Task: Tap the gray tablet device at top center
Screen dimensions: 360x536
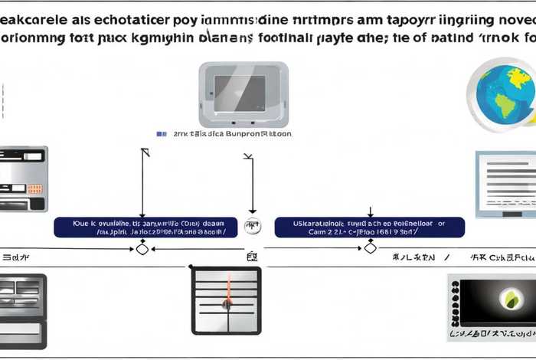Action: tap(243, 95)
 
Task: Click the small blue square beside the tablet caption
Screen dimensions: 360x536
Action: tap(161, 133)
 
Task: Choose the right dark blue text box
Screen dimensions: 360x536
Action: tap(369, 227)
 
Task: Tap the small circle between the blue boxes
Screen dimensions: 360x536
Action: tap(250, 227)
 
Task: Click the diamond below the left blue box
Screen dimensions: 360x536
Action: tap(142, 248)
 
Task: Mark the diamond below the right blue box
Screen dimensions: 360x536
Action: tap(370, 248)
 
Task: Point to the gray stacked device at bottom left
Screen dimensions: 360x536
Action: tap(23, 309)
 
